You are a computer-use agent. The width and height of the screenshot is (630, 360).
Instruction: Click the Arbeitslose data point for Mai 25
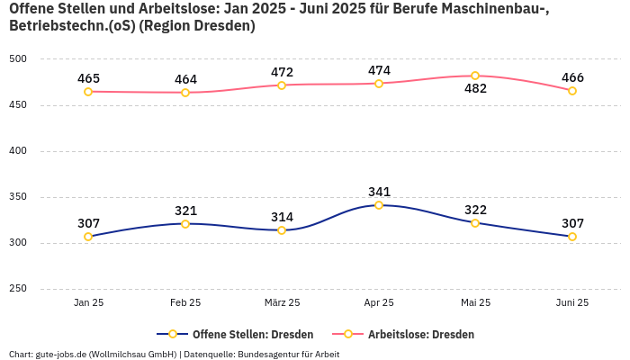pyautogui.click(x=475, y=76)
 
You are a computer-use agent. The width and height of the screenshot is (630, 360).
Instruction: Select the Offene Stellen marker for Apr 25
pyautogui.click(x=379, y=205)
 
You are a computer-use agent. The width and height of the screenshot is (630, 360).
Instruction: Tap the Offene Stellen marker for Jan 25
pyautogui.click(x=88, y=237)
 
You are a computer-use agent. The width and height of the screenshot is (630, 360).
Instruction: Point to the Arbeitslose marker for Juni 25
pyautogui.click(x=572, y=91)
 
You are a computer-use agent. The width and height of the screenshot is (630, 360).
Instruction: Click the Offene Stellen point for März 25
pyautogui.click(x=282, y=230)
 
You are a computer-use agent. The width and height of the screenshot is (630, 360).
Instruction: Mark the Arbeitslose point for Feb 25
pyautogui.click(x=185, y=93)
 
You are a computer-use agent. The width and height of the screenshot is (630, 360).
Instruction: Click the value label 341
pyautogui.click(x=379, y=192)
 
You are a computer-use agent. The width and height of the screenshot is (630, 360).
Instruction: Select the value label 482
pyautogui.click(x=475, y=89)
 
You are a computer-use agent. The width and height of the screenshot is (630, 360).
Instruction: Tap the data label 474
pyautogui.click(x=379, y=70)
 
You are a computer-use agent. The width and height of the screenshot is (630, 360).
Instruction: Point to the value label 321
pyautogui.click(x=185, y=211)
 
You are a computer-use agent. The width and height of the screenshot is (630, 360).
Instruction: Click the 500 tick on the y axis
pyautogui.click(x=18, y=59)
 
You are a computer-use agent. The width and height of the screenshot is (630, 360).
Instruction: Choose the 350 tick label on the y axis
pyautogui.click(x=18, y=197)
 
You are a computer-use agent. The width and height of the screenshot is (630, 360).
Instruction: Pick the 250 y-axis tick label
pyautogui.click(x=18, y=289)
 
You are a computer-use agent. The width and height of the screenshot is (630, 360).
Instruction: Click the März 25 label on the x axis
pyautogui.click(x=282, y=303)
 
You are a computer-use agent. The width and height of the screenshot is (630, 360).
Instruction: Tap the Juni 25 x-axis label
pyautogui.click(x=572, y=303)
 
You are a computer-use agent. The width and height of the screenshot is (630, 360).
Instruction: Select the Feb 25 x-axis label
pyautogui.click(x=185, y=303)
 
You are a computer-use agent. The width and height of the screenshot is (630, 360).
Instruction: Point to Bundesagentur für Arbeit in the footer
pyautogui.click(x=288, y=355)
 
